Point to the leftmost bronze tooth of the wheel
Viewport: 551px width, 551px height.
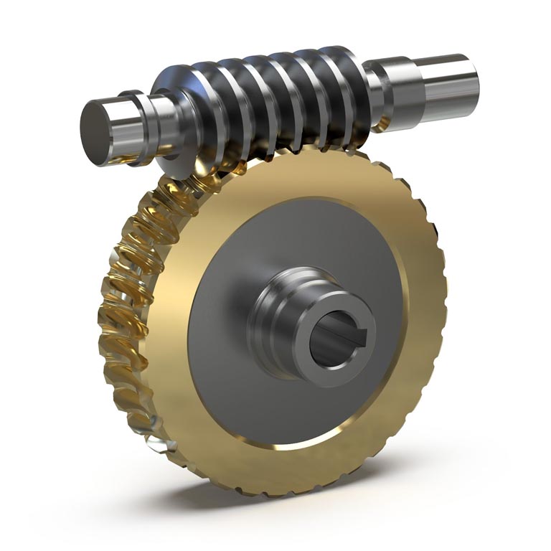(x=108, y=316)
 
